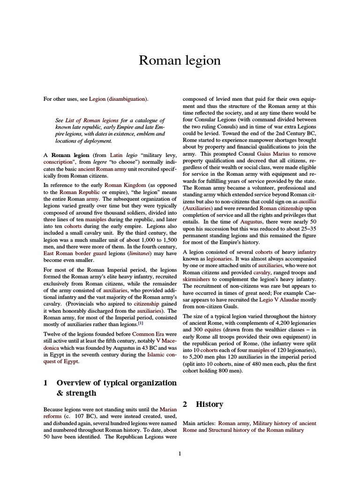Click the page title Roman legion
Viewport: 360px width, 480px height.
[x=180, y=60]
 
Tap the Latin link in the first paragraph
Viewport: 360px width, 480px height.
[x=116, y=155]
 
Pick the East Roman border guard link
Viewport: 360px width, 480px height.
[x=73, y=254]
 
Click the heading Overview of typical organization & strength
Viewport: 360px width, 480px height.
[x=110, y=388]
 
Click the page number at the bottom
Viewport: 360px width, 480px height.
[x=180, y=453]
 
